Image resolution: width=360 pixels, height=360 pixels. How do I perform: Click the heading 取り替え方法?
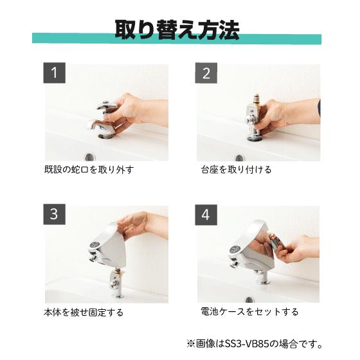click(x=177, y=30)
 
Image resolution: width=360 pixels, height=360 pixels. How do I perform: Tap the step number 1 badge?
click(x=55, y=73)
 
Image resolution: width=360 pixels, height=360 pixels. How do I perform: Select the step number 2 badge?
click(x=206, y=73)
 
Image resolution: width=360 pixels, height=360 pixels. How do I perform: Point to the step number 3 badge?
click(x=55, y=214)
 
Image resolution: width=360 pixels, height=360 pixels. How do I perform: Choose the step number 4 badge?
click(x=206, y=215)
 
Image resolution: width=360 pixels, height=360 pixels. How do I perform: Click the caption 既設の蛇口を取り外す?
click(x=89, y=170)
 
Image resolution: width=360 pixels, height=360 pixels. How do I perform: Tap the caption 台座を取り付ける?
click(x=236, y=170)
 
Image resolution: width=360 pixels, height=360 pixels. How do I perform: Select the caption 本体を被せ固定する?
click(x=84, y=312)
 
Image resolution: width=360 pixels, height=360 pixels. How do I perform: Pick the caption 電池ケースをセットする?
click(x=249, y=312)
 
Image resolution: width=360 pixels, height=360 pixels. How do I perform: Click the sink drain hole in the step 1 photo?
click(x=90, y=157)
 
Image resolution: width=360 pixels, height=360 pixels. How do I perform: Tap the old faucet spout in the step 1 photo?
click(x=100, y=127)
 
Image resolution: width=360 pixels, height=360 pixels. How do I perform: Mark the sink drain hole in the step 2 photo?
click(x=239, y=158)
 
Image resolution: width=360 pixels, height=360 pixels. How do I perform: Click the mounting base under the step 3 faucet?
click(x=116, y=284)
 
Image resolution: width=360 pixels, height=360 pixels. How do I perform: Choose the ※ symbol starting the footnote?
click(x=190, y=344)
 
